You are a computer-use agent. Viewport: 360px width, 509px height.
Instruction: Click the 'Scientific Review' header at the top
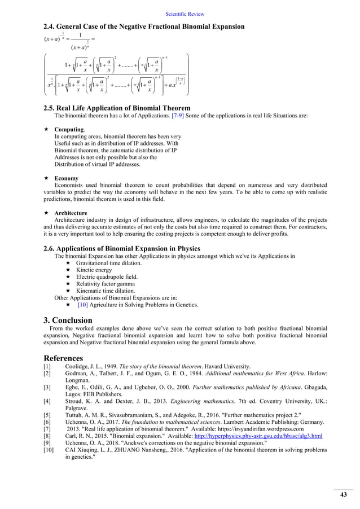[x=185, y=14]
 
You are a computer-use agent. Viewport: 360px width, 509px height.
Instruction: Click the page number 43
[x=343, y=495]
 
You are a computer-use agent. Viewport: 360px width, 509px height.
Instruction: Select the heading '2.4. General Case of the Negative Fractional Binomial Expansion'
[x=144, y=27]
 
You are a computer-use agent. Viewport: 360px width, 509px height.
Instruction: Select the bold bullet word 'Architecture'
[x=71, y=213]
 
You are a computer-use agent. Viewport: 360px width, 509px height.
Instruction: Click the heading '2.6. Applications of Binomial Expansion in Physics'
[x=130, y=248]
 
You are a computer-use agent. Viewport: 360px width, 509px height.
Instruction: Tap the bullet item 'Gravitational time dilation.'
[x=109, y=263]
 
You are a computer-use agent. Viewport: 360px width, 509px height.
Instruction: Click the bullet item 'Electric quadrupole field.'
[x=107, y=277]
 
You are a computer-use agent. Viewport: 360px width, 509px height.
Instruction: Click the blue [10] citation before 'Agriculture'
[x=82, y=305]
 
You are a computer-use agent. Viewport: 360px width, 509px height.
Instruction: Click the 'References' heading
[x=63, y=358]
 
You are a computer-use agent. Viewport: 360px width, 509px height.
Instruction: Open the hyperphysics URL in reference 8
[x=258, y=436]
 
